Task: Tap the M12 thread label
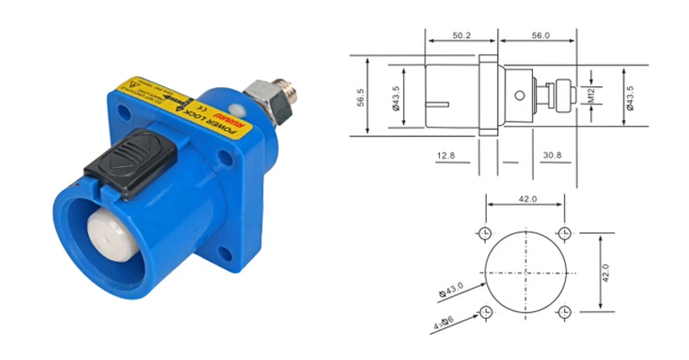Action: click(593, 96)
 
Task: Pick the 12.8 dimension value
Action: click(445, 154)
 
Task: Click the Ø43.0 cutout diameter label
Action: click(449, 289)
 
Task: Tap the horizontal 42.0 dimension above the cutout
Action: click(526, 199)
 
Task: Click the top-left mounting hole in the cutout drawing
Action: click(486, 233)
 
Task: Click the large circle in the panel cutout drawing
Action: click(525, 271)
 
